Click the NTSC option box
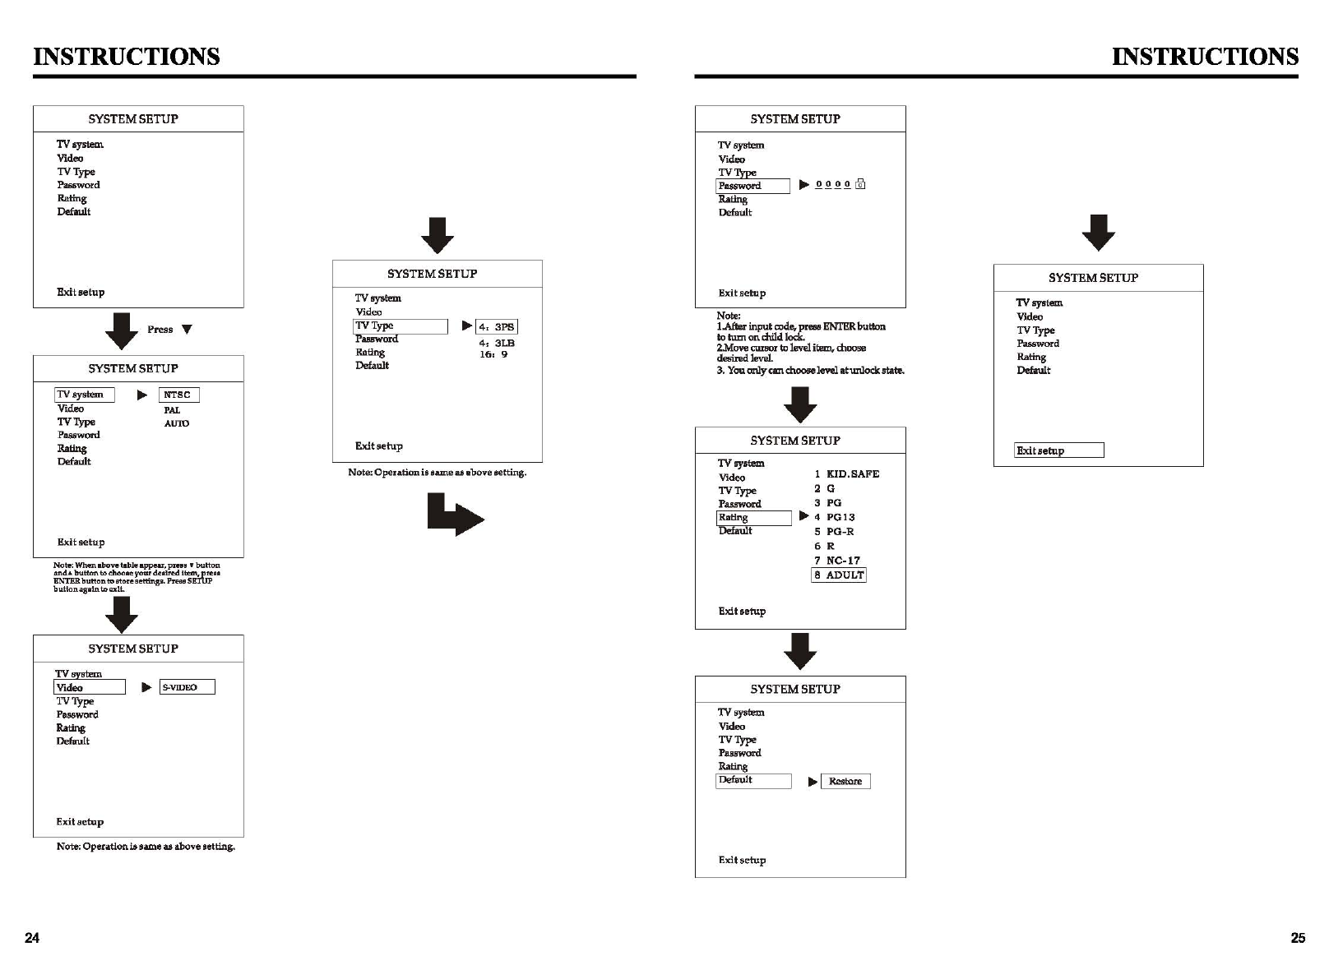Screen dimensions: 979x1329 (178, 395)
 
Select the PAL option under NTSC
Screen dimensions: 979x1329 (172, 410)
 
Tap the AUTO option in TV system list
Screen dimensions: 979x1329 (177, 424)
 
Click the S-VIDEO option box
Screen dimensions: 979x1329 (187, 687)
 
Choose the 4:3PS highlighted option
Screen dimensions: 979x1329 (497, 327)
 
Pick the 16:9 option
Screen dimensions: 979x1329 (493, 355)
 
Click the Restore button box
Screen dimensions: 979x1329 (845, 782)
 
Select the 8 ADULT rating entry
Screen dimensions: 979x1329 (839, 575)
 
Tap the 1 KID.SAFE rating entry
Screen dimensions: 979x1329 (847, 474)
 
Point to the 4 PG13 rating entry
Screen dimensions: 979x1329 (835, 518)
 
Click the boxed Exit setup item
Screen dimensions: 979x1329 (1058, 450)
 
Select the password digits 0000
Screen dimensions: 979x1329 (832, 185)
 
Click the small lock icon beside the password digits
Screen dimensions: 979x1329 (860, 185)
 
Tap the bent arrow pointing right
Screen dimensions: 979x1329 (455, 515)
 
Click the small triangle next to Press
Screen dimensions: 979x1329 (188, 330)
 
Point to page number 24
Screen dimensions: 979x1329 (32, 939)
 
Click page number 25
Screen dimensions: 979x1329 (1298, 939)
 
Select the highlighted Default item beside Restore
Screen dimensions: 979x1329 (753, 781)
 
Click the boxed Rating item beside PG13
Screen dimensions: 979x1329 (753, 518)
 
